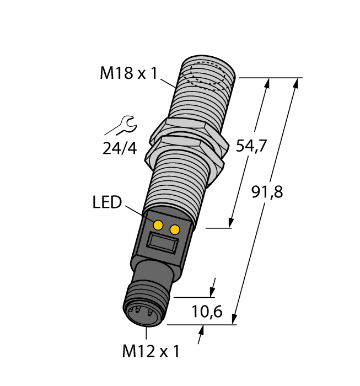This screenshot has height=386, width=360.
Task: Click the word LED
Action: [x=106, y=203]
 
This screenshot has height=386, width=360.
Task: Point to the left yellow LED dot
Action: [x=158, y=224]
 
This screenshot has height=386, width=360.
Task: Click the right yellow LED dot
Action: [x=175, y=229]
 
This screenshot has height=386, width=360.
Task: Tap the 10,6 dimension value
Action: [x=207, y=312]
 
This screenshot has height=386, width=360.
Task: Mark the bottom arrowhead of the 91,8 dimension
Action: [x=235, y=319]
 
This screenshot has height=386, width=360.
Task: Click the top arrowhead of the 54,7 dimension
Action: [x=268, y=83]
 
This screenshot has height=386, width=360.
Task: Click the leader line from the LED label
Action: [x=136, y=212]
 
